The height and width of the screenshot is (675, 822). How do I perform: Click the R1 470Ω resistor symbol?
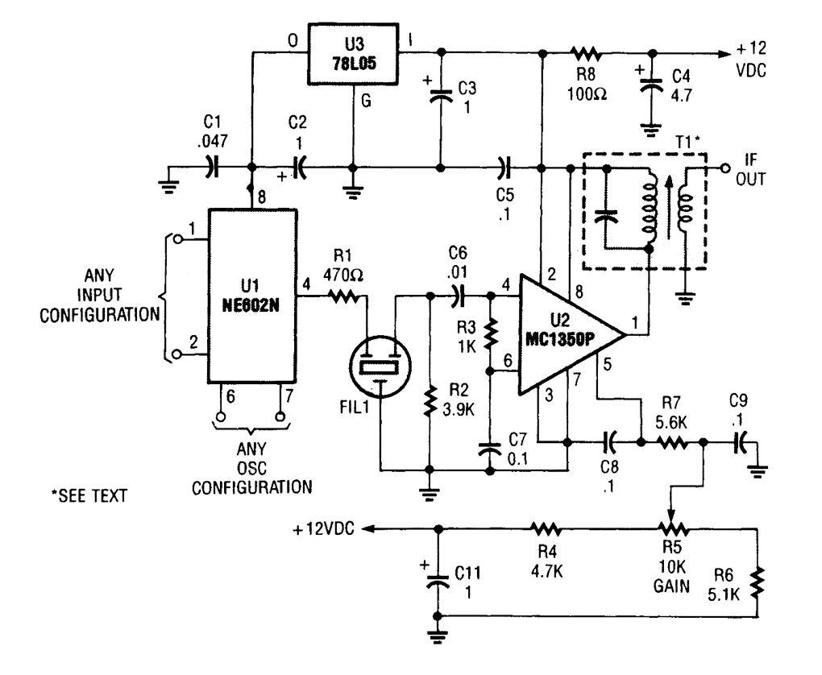[346, 300]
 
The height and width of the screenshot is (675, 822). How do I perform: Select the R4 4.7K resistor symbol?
[546, 529]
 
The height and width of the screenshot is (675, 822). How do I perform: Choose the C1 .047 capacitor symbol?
[211, 168]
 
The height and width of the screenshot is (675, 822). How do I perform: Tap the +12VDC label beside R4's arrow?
[327, 529]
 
